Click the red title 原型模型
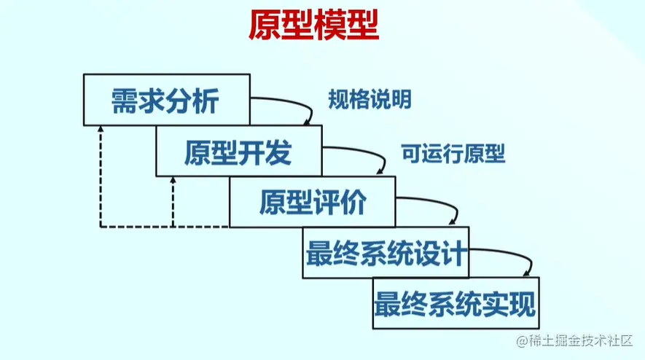coord(313,27)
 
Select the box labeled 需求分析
coord(166,100)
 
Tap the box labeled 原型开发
coord(238,151)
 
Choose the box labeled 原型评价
coord(312,202)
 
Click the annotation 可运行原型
coord(453,154)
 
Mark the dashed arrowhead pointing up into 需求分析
coord(101,131)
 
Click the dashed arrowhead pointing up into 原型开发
coord(173,181)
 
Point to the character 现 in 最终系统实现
coord(521,302)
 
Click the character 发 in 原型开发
coord(278,152)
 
